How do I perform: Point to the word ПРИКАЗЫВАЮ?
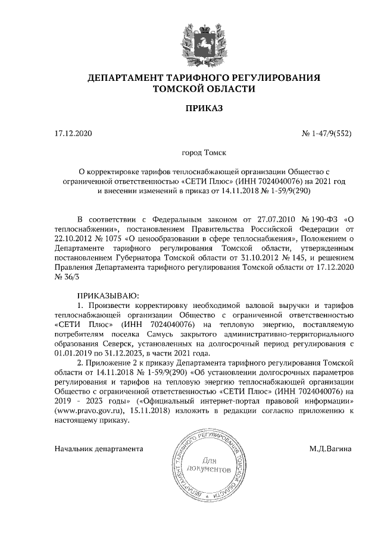(108, 295)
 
